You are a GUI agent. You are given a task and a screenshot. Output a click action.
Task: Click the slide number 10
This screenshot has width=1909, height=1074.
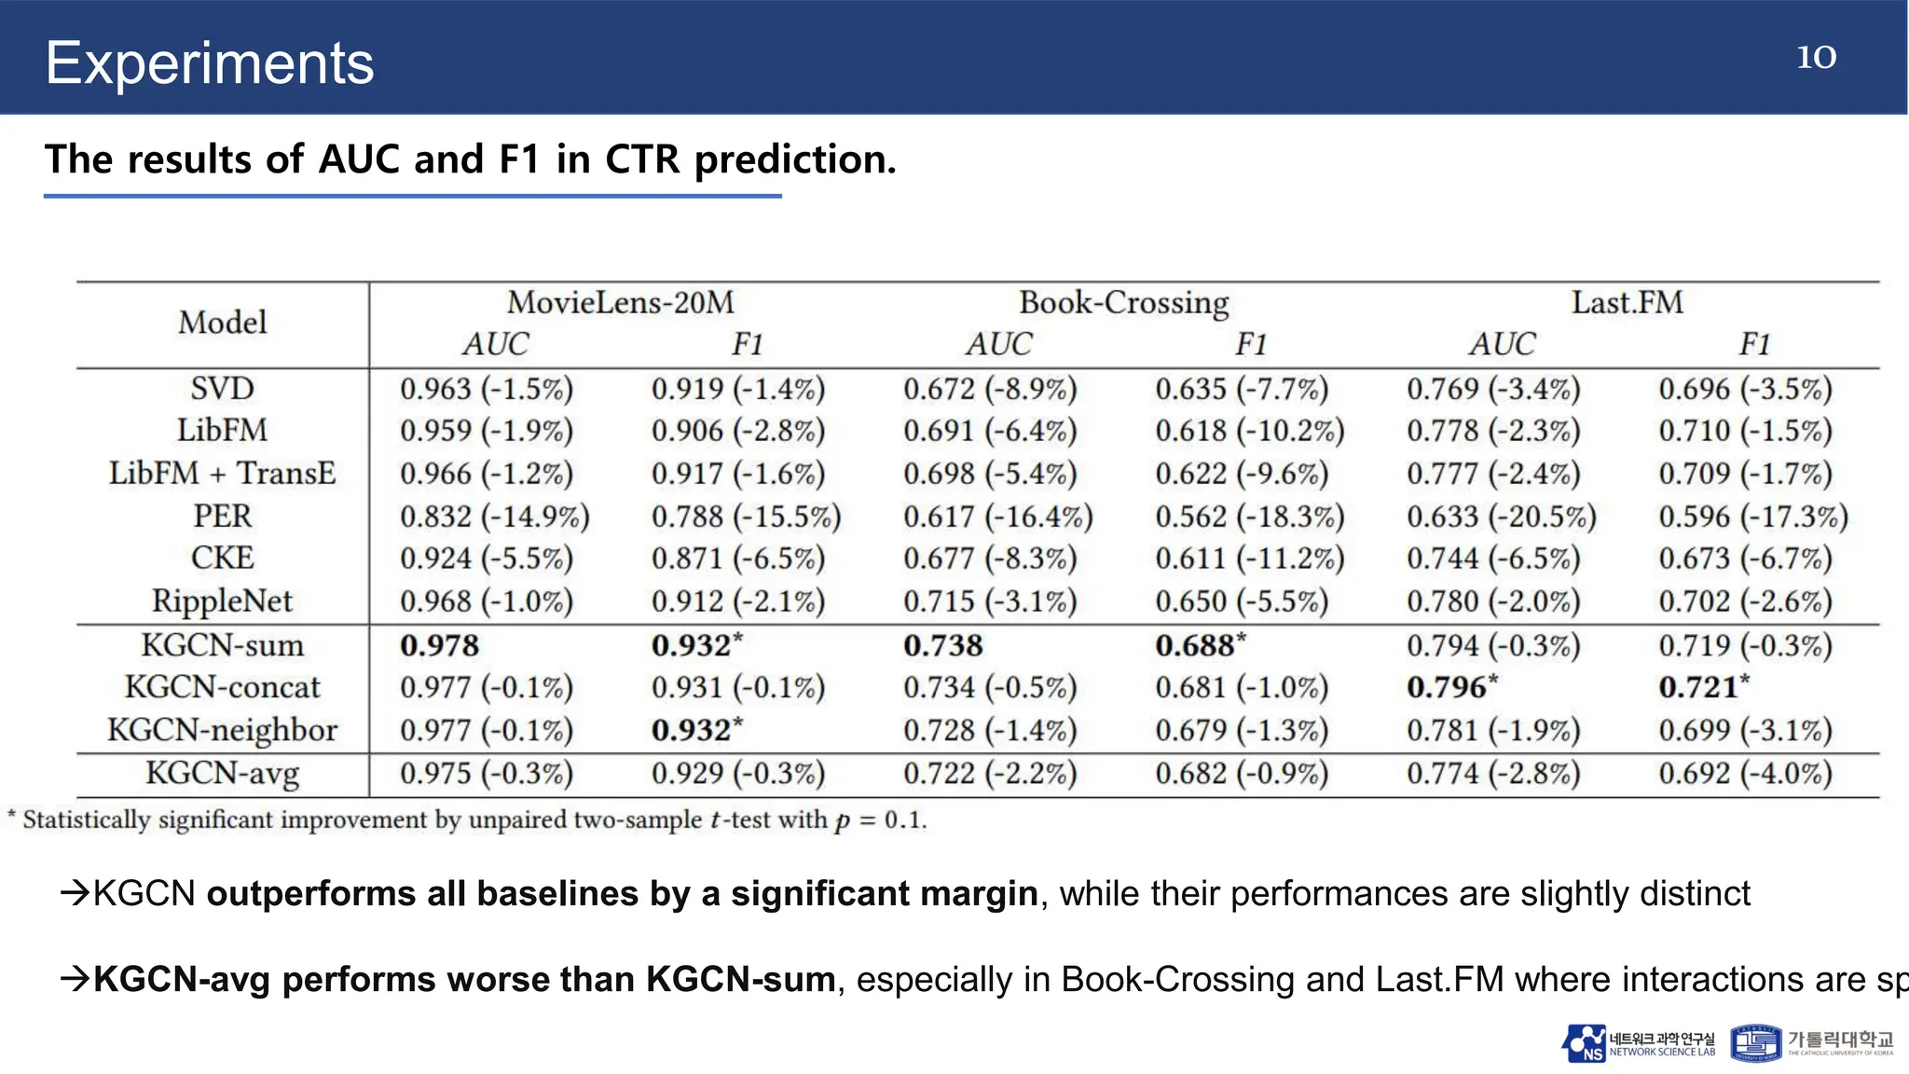[x=1816, y=57]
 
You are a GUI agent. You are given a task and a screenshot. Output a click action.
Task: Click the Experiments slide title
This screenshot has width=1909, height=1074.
[x=210, y=63]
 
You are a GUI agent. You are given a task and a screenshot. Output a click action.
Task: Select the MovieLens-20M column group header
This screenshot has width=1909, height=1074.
[x=620, y=302]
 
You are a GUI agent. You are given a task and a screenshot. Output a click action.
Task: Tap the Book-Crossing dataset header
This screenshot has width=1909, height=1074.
[x=1123, y=302]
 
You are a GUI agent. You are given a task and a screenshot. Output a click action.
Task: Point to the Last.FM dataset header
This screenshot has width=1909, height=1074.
[x=1627, y=302]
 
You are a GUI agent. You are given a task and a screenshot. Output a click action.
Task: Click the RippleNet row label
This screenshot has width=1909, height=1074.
[x=222, y=601]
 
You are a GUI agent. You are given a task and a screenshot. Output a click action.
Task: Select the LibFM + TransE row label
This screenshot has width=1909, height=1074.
[x=222, y=473]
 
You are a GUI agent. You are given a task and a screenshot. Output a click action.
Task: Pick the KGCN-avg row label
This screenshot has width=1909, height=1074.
[x=222, y=773]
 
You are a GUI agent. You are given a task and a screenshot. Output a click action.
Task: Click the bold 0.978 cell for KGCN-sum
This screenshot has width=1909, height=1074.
[x=439, y=645]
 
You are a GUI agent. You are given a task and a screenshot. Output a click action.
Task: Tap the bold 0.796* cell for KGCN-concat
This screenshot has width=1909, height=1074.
[x=1451, y=687]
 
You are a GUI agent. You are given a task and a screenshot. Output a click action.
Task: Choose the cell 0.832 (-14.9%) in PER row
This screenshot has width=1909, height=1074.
[x=494, y=516]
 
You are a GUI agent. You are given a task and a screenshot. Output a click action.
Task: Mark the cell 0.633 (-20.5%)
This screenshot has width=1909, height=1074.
[x=1501, y=516]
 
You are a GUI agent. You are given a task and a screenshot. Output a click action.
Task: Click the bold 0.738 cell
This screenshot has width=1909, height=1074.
[x=942, y=645]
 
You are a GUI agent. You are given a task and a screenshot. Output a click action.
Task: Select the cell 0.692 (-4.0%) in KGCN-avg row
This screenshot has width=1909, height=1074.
[x=1745, y=773]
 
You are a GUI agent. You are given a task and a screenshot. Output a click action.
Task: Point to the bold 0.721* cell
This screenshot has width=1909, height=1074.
[x=1703, y=687]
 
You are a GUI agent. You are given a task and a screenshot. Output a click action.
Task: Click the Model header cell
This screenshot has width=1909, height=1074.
[x=222, y=323]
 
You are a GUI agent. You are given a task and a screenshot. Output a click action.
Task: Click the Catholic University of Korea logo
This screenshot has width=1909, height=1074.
[x=1811, y=1043]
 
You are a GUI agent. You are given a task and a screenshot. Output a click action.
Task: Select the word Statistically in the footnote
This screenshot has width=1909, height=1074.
[x=86, y=819]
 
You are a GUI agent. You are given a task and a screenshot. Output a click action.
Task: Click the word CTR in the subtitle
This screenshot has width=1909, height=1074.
[x=642, y=159]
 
